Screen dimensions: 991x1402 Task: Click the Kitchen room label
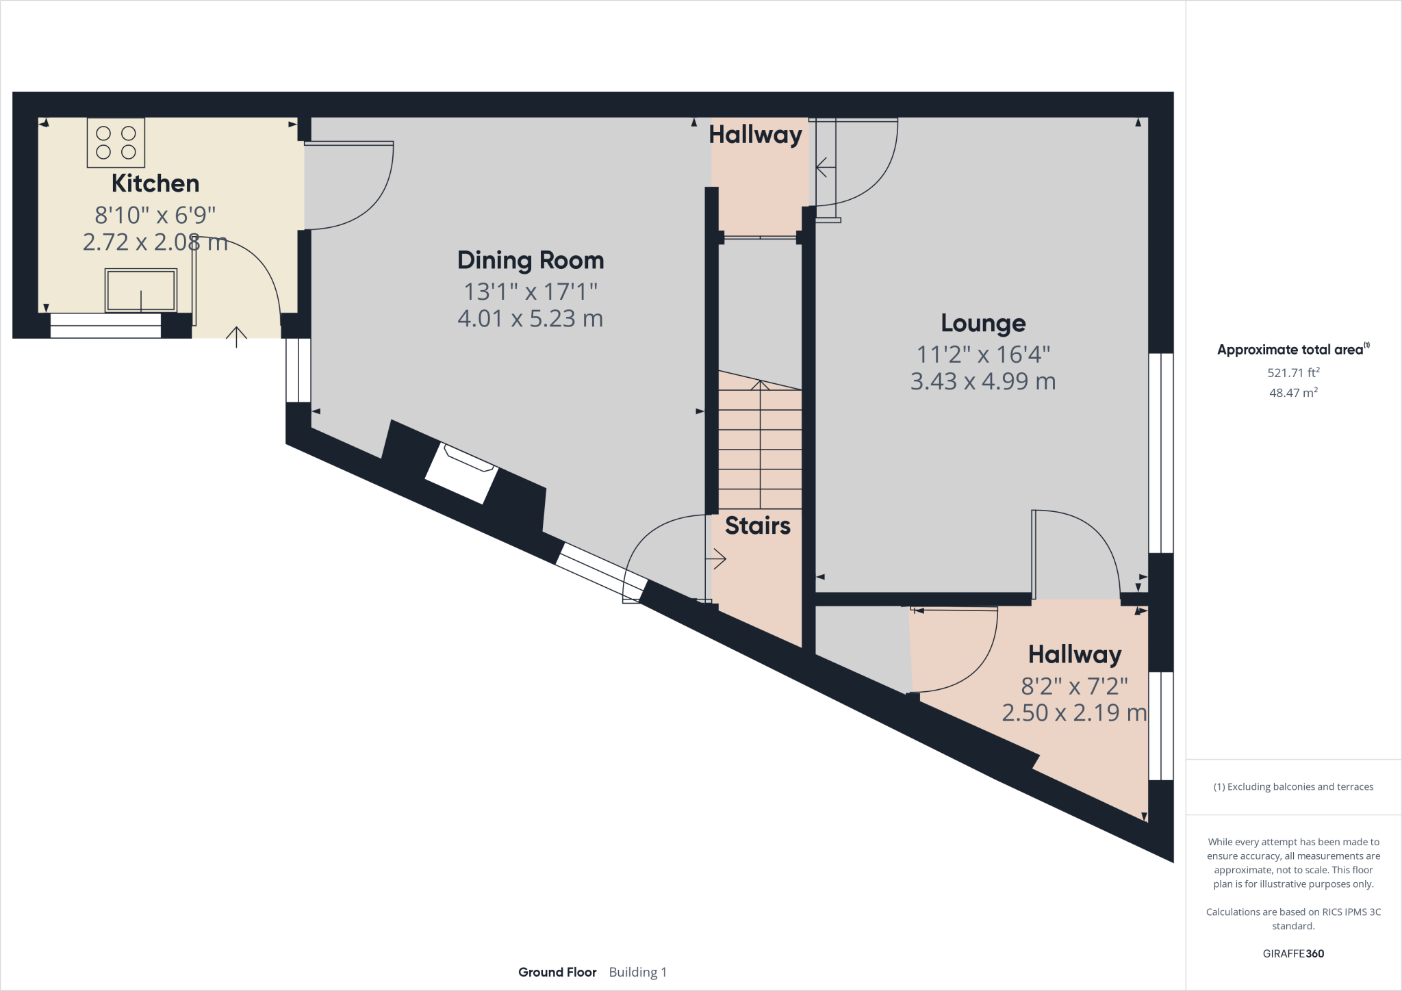(x=155, y=183)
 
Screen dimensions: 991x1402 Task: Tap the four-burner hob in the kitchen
(x=116, y=142)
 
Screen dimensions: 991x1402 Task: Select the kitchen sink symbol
(x=140, y=290)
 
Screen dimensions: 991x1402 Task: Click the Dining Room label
(x=531, y=260)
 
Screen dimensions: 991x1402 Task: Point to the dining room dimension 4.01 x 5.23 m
(x=531, y=319)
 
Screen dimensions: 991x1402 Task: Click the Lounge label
(x=983, y=323)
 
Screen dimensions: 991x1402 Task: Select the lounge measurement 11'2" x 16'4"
(x=983, y=355)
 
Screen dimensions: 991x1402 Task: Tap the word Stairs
(x=757, y=526)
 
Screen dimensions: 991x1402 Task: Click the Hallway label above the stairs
(x=755, y=135)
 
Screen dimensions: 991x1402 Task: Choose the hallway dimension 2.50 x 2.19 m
(x=1074, y=713)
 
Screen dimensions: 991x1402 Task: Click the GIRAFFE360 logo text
(x=1293, y=953)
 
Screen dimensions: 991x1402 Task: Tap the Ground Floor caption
(x=557, y=972)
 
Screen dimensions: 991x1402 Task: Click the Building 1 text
(x=637, y=972)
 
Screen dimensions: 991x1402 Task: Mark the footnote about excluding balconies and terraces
(x=1293, y=787)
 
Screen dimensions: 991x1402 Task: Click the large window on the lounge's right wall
(x=1160, y=452)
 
